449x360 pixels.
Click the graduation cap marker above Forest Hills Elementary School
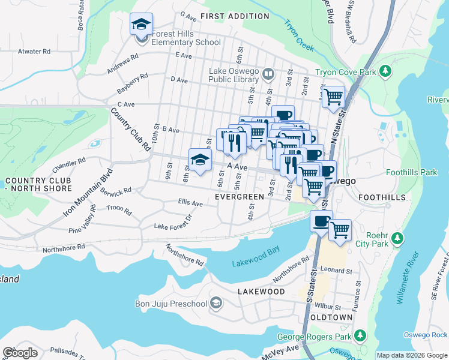pyautogui.click(x=141, y=25)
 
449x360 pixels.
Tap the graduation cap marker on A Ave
pyautogui.click(x=200, y=160)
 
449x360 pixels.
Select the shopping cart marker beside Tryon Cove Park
pyautogui.click(x=333, y=96)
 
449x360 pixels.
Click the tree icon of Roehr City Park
pyautogui.click(x=397, y=239)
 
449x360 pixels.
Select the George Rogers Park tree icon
pyautogui.click(x=360, y=334)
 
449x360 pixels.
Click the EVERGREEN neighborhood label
pyautogui.click(x=240, y=197)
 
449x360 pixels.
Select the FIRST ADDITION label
pyautogui.click(x=235, y=16)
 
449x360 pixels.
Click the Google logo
pyautogui.click(x=20, y=353)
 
